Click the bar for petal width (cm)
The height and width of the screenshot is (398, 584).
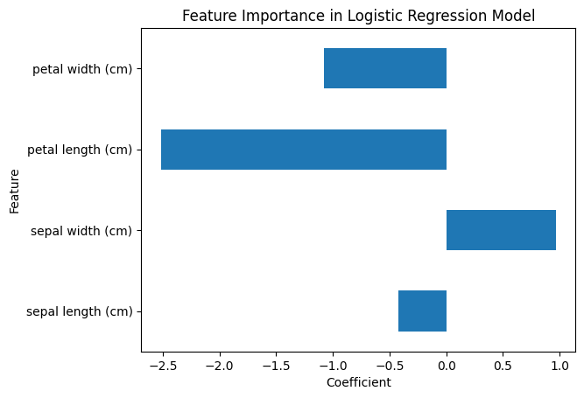[x=385, y=68]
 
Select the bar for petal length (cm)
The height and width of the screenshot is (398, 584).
[x=304, y=150]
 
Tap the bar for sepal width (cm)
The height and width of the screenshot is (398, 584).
[x=501, y=230]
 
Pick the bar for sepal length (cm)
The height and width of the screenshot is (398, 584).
[x=422, y=311]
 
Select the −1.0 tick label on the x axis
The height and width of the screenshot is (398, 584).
[x=334, y=367]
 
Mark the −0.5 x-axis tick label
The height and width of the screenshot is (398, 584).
[x=390, y=367]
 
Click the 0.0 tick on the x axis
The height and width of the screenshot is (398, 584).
[x=447, y=367]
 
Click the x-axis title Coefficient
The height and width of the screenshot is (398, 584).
[x=358, y=382]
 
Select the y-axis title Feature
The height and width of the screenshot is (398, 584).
[x=15, y=190]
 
